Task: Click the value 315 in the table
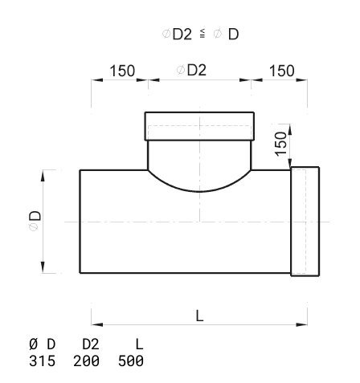42,361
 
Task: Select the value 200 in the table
86,361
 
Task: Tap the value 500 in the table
131,361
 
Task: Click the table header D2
91,344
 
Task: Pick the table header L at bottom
139,344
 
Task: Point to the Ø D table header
42,344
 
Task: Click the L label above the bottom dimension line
199,316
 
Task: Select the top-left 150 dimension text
122,71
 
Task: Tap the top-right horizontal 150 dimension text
282,71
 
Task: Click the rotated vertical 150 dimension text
281,144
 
